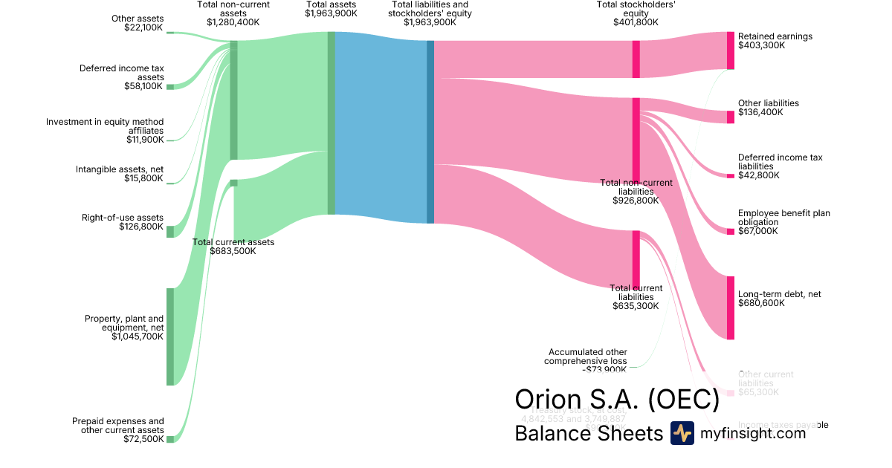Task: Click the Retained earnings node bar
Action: click(x=731, y=51)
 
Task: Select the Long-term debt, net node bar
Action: click(x=731, y=308)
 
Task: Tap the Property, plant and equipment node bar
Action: click(x=170, y=337)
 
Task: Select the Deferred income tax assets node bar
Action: click(x=170, y=87)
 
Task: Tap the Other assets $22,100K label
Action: click(x=138, y=23)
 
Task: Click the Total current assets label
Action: click(x=233, y=247)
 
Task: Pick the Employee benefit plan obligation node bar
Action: click(x=731, y=232)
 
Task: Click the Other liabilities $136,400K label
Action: click(x=769, y=108)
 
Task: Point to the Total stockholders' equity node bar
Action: click(x=636, y=59)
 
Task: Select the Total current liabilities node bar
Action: click(x=636, y=260)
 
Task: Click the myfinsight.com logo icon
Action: click(x=682, y=433)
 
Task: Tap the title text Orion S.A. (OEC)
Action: click(x=617, y=400)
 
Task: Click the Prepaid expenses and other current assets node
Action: click(x=170, y=439)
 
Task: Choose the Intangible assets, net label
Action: click(x=120, y=174)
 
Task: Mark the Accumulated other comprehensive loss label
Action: click(x=587, y=361)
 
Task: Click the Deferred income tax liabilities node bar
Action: click(x=731, y=176)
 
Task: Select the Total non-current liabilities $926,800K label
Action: click(x=636, y=192)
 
